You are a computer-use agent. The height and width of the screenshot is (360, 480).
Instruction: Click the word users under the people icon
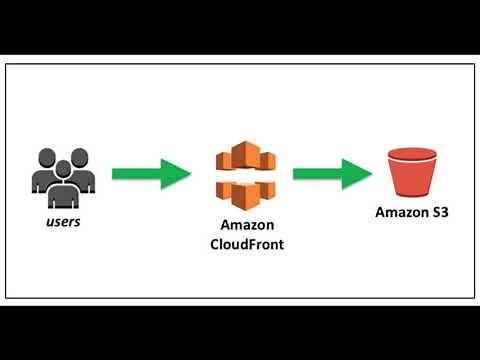point(63,221)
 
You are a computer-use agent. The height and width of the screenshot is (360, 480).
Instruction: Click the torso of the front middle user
point(63,189)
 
